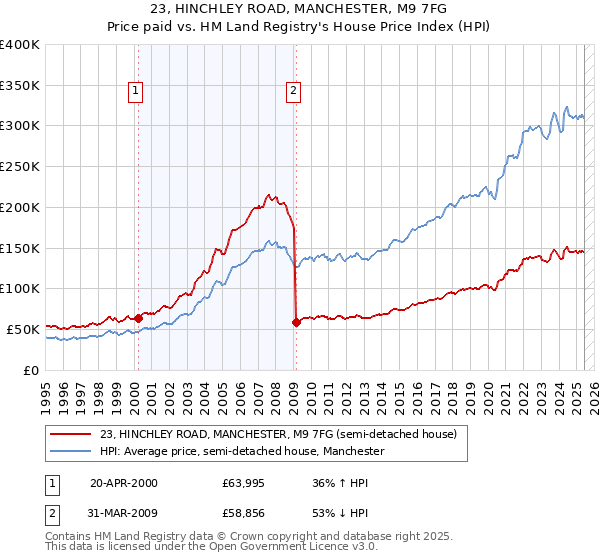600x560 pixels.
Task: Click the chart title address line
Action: (300, 10)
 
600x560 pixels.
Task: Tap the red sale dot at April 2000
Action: (138, 318)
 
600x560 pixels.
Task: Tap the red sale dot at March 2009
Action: (296, 322)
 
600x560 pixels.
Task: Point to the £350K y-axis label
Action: (20, 86)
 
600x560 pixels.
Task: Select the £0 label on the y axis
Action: (32, 370)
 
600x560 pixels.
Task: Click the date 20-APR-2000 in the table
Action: (123, 483)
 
